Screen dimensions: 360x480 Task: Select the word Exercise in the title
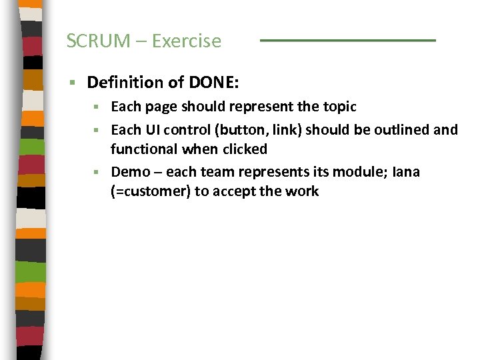tap(186, 41)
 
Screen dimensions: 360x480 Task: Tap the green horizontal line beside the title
tap(347, 41)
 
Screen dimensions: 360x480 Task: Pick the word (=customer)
tap(150, 191)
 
